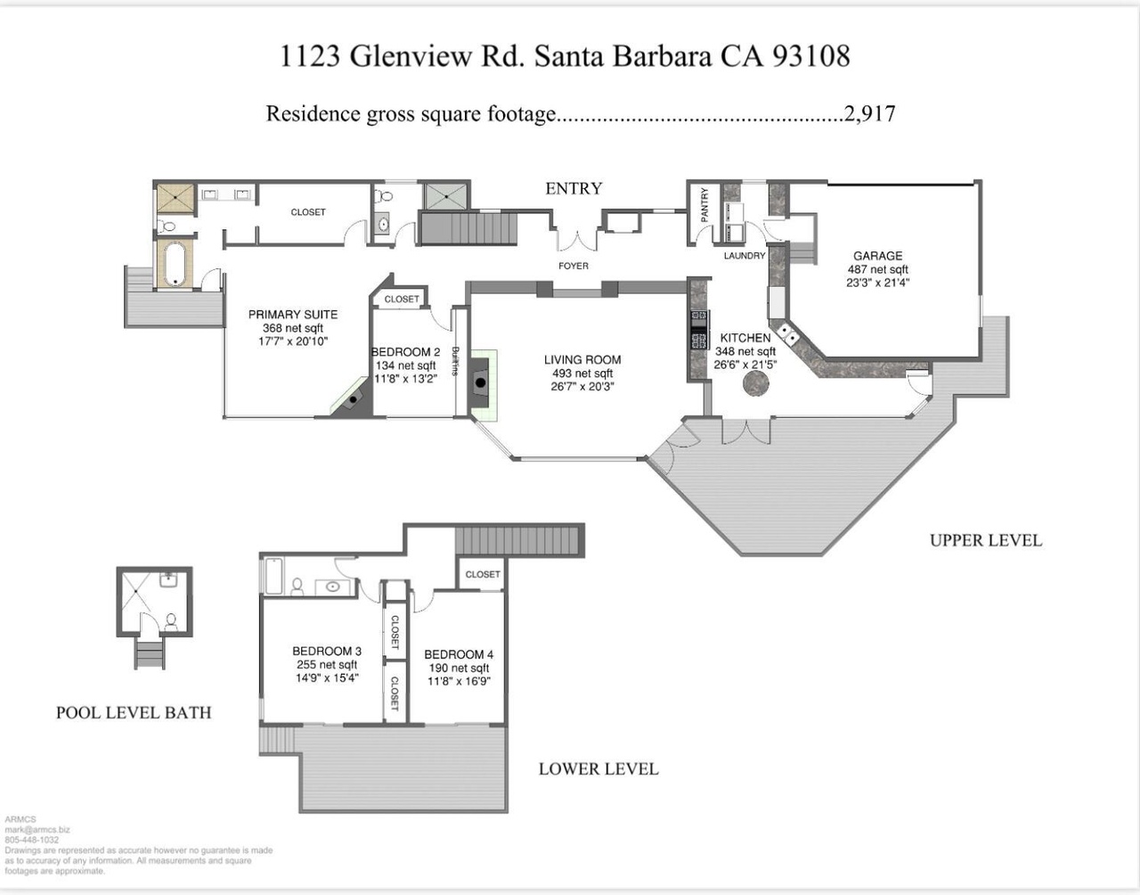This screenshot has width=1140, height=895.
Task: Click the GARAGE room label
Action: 877,256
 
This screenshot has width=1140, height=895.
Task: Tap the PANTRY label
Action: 704,205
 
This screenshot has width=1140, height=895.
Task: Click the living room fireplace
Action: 480,382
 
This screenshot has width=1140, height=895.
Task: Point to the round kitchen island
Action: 756,383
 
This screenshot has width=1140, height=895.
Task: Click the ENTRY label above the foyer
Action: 574,188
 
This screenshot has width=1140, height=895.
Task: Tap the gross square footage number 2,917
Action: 869,113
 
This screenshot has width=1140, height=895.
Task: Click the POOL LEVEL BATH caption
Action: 134,712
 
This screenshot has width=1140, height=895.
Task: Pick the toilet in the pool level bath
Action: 171,621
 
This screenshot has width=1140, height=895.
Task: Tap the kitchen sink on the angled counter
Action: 788,333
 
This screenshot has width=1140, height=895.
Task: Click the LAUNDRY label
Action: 745,256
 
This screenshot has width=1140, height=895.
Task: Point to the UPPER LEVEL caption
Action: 986,540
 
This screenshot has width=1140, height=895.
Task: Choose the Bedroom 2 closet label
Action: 402,300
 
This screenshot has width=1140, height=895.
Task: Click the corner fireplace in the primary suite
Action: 353,398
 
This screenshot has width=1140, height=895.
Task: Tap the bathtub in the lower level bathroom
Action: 273,576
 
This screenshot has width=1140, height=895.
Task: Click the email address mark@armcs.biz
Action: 37,830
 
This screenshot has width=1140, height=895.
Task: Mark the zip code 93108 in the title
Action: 811,55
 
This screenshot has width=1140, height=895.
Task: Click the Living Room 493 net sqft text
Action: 582,374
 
